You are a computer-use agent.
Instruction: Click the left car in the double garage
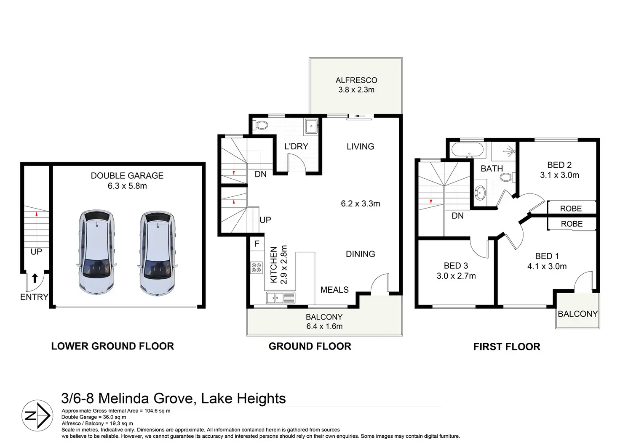pyautogui.click(x=96, y=252)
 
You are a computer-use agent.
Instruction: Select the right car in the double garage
pyautogui.click(x=157, y=253)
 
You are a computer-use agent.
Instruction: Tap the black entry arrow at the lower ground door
pyautogui.click(x=35, y=278)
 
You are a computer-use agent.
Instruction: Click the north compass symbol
pyautogui.click(x=37, y=415)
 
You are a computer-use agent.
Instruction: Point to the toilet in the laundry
pyautogui.click(x=260, y=125)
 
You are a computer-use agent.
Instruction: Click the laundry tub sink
pyautogui.click(x=311, y=127)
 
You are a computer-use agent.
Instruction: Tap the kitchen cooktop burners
pyautogui.click(x=257, y=268)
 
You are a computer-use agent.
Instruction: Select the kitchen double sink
pyautogui.click(x=281, y=298)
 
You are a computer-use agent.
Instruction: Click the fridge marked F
pyautogui.click(x=257, y=243)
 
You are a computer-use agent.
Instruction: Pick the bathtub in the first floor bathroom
pyautogui.click(x=468, y=150)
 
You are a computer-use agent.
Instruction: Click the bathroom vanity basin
pyautogui.click(x=480, y=193)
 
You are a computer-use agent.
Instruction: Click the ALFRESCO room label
pyautogui.click(x=356, y=80)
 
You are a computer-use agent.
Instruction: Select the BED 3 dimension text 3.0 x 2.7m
pyautogui.click(x=456, y=276)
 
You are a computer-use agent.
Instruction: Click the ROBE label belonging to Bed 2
pyautogui.click(x=571, y=209)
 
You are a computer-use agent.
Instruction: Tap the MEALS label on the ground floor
pyautogui.click(x=334, y=290)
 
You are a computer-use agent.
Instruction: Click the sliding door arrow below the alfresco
pyautogui.click(x=360, y=116)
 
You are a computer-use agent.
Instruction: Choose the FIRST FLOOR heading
pyautogui.click(x=507, y=347)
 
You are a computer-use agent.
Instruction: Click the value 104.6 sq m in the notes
pyautogui.click(x=158, y=411)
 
